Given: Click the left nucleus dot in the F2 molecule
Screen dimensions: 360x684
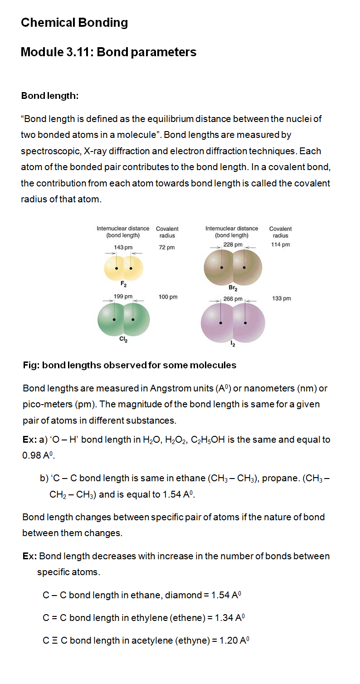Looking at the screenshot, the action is click(x=116, y=269).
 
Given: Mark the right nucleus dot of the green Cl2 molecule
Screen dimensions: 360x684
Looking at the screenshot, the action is click(x=133, y=320).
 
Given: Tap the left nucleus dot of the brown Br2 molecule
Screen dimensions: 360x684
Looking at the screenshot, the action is click(x=222, y=268).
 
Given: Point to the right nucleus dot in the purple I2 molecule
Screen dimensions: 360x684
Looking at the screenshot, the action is click(x=245, y=323).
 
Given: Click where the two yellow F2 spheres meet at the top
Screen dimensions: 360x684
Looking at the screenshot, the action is click(x=123, y=258).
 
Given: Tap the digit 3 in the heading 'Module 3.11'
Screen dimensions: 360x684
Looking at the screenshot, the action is click(x=69, y=52).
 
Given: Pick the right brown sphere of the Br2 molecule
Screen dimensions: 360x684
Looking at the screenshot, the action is click(x=247, y=268).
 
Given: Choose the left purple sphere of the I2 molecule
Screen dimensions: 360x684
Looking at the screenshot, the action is click(x=217, y=323).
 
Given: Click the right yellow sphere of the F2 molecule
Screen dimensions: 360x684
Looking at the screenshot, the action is click(x=133, y=268).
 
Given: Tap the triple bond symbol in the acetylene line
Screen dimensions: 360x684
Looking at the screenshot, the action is click(x=55, y=640).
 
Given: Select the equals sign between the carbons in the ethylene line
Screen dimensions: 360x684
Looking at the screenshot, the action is click(x=55, y=618).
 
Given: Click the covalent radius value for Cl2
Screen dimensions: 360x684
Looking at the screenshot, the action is click(x=168, y=297).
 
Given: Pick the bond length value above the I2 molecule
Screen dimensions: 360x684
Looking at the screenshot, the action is click(x=233, y=299).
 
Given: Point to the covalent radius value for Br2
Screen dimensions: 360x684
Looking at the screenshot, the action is click(x=281, y=244).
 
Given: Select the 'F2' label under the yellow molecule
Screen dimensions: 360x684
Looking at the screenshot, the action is click(x=124, y=284).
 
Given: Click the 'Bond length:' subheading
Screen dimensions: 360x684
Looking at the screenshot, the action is click(x=50, y=96).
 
